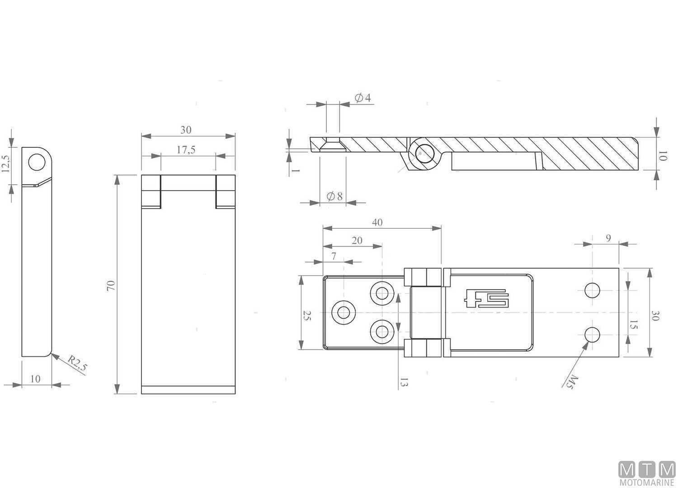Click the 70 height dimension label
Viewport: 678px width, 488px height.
coord(111,285)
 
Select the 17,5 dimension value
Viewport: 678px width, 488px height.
coord(186,150)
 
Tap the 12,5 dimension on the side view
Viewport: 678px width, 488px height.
coord(6,164)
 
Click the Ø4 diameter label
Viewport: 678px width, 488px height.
coord(363,98)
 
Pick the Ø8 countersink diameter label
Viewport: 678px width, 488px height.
coord(334,196)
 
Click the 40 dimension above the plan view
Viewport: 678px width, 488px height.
coord(377,222)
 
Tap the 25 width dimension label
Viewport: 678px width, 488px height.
coord(307,316)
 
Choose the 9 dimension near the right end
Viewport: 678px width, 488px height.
coord(608,238)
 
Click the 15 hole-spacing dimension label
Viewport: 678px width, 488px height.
coord(633,325)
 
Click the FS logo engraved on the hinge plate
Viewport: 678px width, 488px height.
coord(486,298)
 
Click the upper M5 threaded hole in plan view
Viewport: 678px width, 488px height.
coord(592,290)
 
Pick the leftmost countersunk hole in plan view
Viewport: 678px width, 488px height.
coord(344,312)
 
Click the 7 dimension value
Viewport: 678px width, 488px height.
coord(334,256)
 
